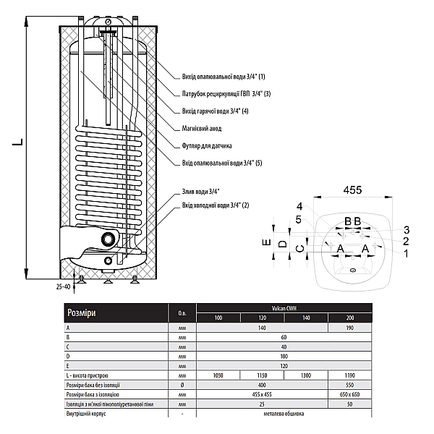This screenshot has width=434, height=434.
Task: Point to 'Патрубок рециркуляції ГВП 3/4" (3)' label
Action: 227,93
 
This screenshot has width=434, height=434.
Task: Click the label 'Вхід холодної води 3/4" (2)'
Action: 216,206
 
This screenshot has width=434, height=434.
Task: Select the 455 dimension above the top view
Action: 352,190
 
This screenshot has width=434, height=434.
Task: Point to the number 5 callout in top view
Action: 299,220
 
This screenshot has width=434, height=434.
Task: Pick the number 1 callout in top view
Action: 407,253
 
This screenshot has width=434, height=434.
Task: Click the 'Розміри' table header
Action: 80,313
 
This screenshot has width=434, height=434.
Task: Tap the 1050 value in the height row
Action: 218,375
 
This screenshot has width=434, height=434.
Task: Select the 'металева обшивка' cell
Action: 284,414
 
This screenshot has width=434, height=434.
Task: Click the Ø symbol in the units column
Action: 181,385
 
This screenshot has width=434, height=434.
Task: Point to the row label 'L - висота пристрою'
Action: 88,375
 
